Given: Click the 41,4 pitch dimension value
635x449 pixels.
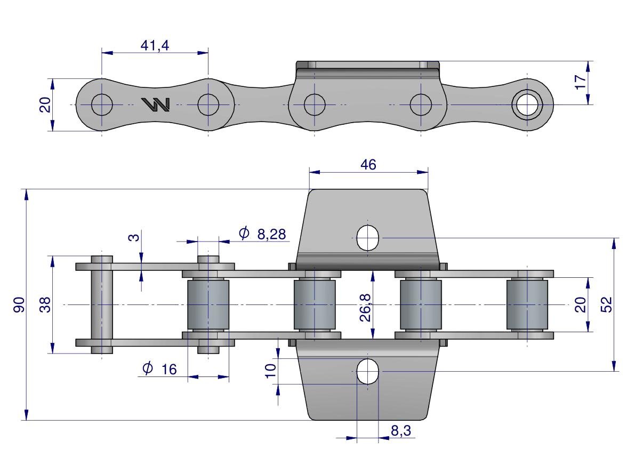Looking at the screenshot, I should pyautogui.click(x=155, y=45).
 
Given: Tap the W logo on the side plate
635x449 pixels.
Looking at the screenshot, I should pyautogui.click(x=155, y=105).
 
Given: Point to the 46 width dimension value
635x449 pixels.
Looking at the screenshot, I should pyautogui.click(x=368, y=165).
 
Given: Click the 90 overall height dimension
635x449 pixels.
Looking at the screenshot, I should pyautogui.click(x=19, y=305).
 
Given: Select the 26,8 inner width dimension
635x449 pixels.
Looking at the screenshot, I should pyautogui.click(x=365, y=305).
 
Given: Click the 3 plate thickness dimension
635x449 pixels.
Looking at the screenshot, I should pyautogui.click(x=134, y=236).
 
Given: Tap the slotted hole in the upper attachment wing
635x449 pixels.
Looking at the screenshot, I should pyautogui.click(x=367, y=238).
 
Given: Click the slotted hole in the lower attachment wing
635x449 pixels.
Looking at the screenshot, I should pyautogui.click(x=367, y=371).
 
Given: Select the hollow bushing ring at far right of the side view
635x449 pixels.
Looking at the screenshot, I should pyautogui.click(x=527, y=105).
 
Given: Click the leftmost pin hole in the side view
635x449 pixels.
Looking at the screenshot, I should pyautogui.click(x=102, y=105).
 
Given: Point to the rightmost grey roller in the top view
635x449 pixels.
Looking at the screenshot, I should pyautogui.click(x=527, y=304).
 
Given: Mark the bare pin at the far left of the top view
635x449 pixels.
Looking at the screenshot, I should pyautogui.click(x=102, y=304).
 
